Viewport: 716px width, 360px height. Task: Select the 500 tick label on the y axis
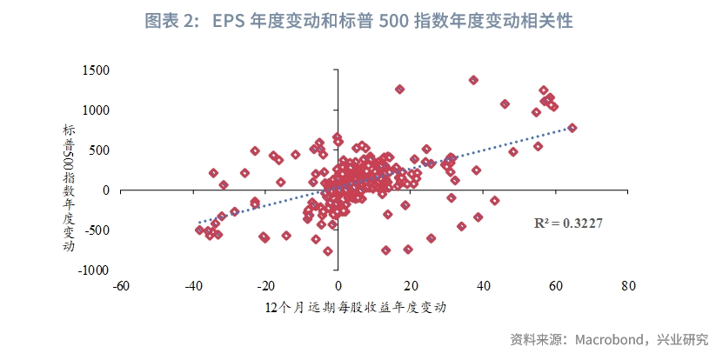pyautogui.click(x=98, y=150)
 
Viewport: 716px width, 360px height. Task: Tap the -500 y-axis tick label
pyautogui.click(x=96, y=230)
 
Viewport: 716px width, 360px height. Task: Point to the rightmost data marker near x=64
pyautogui.click(x=572, y=128)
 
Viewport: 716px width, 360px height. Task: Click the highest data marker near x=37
pyautogui.click(x=473, y=80)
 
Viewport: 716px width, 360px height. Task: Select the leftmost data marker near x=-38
pyautogui.click(x=199, y=230)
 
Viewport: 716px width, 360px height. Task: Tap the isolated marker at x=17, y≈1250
pyautogui.click(x=400, y=90)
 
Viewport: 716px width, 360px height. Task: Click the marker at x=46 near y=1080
pyautogui.click(x=505, y=104)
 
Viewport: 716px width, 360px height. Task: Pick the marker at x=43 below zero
pyautogui.click(x=494, y=201)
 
